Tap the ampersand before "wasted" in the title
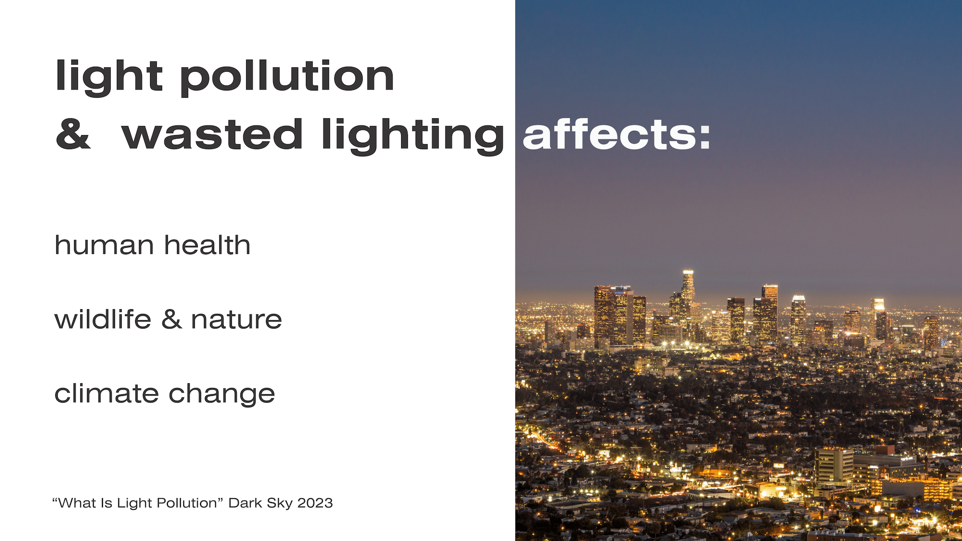tap(73, 134)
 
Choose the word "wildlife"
tap(103, 319)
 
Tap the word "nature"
tap(236, 320)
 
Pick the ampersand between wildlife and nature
tap(172, 319)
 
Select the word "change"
tap(222, 394)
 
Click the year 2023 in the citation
tap(315, 503)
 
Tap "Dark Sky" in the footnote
tap(260, 503)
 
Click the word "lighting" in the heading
tap(413, 136)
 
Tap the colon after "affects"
tap(705, 136)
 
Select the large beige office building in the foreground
tap(834, 466)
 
